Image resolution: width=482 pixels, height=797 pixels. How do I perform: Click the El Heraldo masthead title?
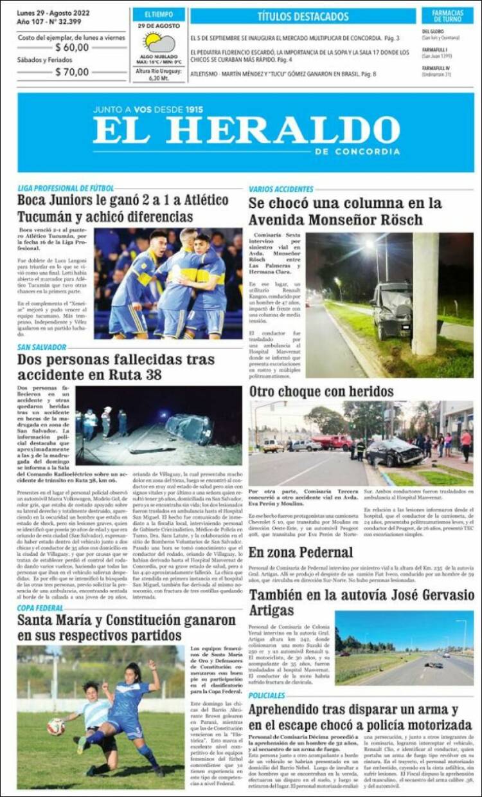tap(246, 131)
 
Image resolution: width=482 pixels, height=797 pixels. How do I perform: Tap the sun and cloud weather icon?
tap(159, 43)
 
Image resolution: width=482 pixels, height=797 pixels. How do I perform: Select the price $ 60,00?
tap(72, 47)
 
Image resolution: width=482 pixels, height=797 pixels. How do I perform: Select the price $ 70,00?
tap(72, 72)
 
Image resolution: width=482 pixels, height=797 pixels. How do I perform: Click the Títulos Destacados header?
tap(303, 16)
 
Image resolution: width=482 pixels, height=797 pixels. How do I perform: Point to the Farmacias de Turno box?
tap(447, 16)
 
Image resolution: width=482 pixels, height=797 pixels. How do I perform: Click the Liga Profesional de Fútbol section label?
tap(66, 188)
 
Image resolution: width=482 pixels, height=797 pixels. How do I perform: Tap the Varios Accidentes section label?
tap(281, 189)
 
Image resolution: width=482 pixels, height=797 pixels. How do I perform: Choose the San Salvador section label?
tap(42, 347)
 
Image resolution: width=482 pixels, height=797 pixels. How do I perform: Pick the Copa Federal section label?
tap(40, 607)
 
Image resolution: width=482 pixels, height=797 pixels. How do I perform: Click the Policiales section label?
tap(267, 695)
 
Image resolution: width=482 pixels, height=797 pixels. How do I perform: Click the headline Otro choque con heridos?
tap(321, 391)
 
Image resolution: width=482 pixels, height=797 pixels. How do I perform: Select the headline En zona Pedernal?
tap(301, 552)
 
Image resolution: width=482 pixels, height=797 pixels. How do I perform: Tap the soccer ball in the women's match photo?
tap(56, 727)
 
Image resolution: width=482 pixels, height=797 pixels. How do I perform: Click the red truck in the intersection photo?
tap(332, 442)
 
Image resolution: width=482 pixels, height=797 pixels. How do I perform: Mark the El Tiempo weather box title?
tap(159, 14)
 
